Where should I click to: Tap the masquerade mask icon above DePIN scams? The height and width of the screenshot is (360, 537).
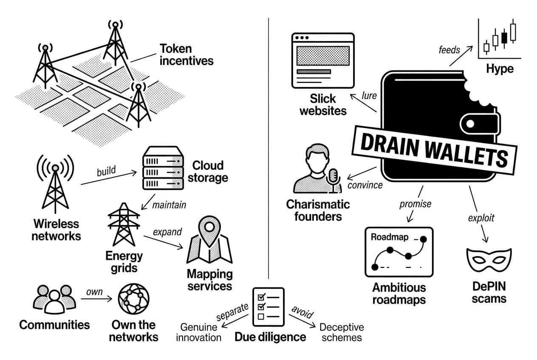click(489, 260)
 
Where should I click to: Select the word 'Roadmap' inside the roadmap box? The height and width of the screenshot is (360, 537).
click(389, 237)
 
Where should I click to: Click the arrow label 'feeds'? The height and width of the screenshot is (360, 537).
click(449, 50)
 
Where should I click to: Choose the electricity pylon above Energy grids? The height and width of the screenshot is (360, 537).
click(124, 225)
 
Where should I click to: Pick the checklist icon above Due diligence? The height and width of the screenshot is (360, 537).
click(268, 307)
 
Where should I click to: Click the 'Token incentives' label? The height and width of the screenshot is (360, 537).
click(186, 55)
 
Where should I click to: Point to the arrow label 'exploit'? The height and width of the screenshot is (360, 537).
click(481, 218)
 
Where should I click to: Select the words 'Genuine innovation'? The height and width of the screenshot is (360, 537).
click(198, 332)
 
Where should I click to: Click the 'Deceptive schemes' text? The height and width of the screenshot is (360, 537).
click(342, 332)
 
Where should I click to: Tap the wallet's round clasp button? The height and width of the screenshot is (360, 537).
click(470, 124)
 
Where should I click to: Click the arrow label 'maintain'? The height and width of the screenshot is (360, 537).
click(169, 205)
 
